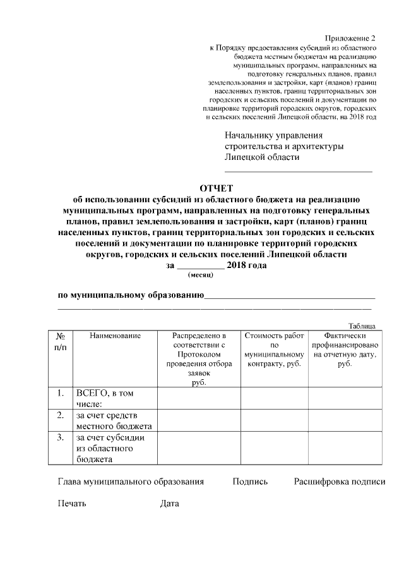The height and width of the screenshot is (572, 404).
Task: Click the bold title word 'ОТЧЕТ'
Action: (x=217, y=188)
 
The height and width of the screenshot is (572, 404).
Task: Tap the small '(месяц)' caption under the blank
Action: (x=201, y=275)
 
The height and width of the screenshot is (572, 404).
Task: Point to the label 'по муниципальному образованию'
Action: (x=130, y=295)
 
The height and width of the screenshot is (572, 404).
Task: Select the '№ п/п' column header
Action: (x=61, y=341)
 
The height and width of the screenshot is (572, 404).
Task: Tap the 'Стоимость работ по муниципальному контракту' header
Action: (x=274, y=350)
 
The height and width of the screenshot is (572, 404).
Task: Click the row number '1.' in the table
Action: (x=61, y=393)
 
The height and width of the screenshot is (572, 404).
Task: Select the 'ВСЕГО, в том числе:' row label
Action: (x=105, y=398)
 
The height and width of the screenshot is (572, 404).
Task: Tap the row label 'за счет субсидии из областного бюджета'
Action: (x=111, y=447)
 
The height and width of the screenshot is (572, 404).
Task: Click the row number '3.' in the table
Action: (x=61, y=437)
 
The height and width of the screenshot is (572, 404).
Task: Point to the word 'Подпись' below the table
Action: (x=250, y=482)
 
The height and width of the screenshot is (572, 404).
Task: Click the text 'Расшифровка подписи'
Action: (x=339, y=482)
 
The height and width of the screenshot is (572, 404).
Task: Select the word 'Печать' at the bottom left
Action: (x=72, y=504)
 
